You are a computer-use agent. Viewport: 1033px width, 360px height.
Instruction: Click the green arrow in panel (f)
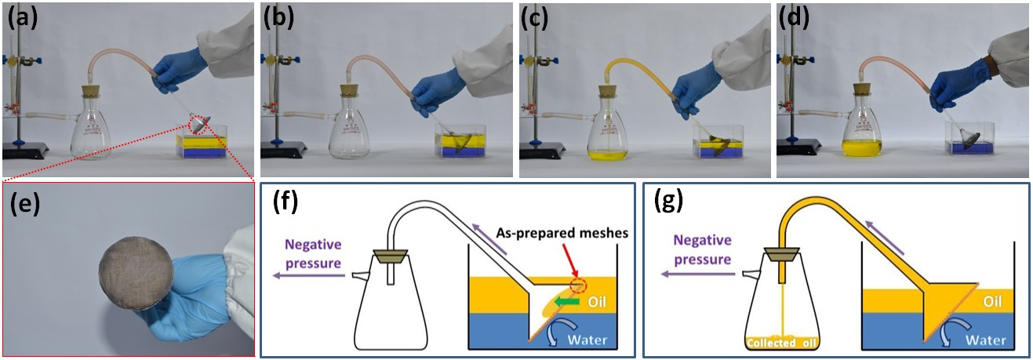tap(566, 300)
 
